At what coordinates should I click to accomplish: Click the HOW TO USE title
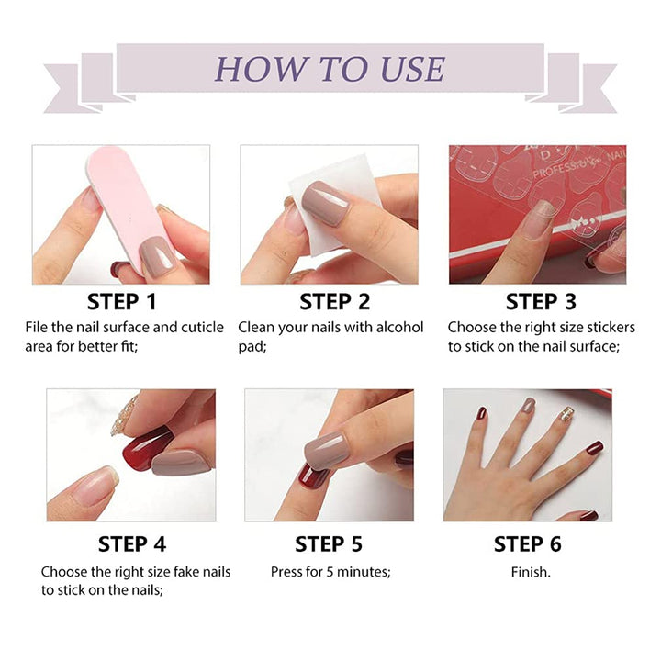tap(330, 69)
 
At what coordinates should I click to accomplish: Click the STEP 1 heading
tap(122, 301)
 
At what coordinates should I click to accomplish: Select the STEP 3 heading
tap(540, 301)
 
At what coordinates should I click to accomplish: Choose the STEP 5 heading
tap(329, 543)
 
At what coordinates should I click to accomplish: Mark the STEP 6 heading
tap(529, 543)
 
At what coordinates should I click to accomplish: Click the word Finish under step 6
tap(531, 571)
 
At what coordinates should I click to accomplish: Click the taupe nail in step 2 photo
tap(323, 203)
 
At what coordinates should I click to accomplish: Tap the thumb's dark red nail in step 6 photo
tap(595, 448)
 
